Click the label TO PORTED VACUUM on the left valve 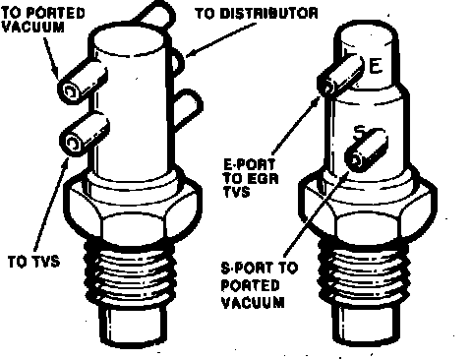pos(43,20)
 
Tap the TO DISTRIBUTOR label pos(257,13)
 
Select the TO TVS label pos(34,262)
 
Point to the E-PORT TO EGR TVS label pos(251,178)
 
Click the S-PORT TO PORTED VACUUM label pos(260,285)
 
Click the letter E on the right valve pos(376,65)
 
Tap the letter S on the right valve pos(360,133)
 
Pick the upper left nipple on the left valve pos(82,82)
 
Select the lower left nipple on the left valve pos(84,135)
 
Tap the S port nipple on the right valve pos(367,150)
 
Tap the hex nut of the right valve pos(368,210)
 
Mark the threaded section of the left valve pos(130,273)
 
